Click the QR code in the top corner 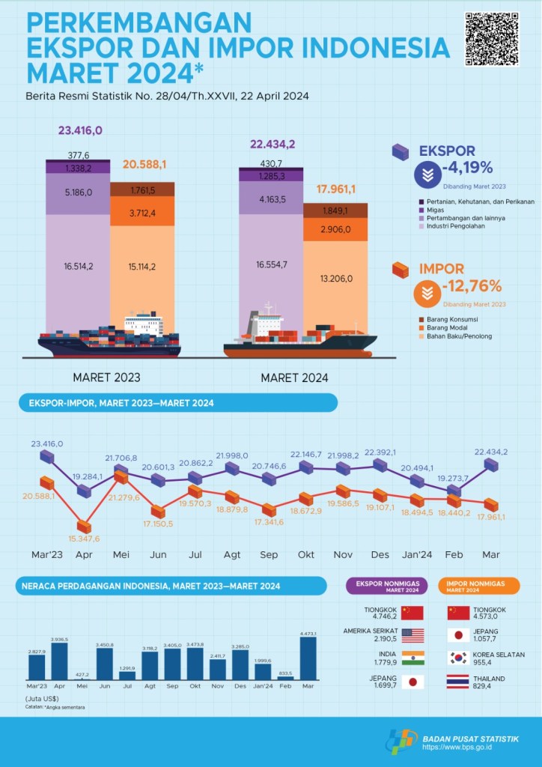click(491, 38)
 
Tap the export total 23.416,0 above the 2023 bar click(80, 130)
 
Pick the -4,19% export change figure click(468, 167)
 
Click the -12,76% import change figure click(472, 285)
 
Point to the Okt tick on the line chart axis click(305, 554)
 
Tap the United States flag click(412, 635)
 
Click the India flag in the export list click(412, 658)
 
